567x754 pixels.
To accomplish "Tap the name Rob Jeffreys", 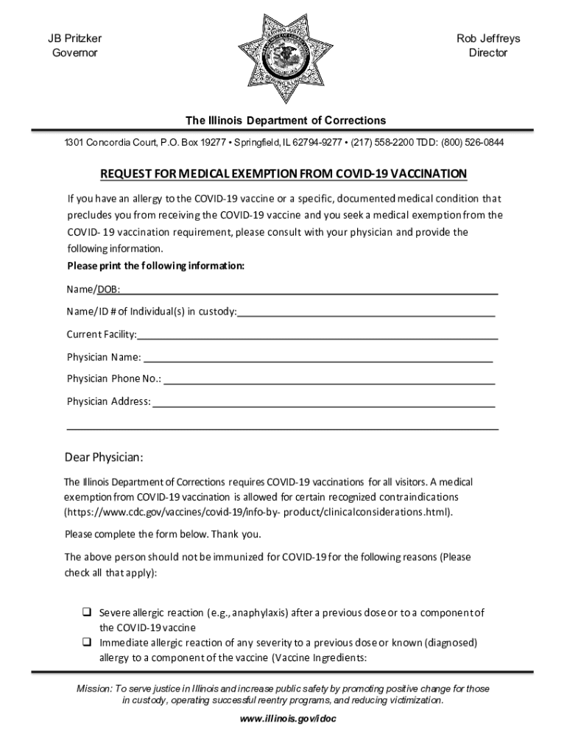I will (487, 38).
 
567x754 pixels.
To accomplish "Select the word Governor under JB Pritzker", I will (74, 53).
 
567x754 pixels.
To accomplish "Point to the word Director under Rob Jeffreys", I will (487, 53).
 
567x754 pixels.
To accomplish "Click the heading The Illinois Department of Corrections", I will (285, 120).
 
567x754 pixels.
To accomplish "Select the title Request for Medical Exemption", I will (283, 174).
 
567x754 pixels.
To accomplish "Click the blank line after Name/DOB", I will (309, 290).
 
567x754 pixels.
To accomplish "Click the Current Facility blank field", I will (317, 336).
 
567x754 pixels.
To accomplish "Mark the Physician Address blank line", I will (323, 403).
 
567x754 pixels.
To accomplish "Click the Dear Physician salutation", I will (104, 458).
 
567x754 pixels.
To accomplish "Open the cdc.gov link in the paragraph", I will (258, 512).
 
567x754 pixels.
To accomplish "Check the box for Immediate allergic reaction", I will (86, 643).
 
